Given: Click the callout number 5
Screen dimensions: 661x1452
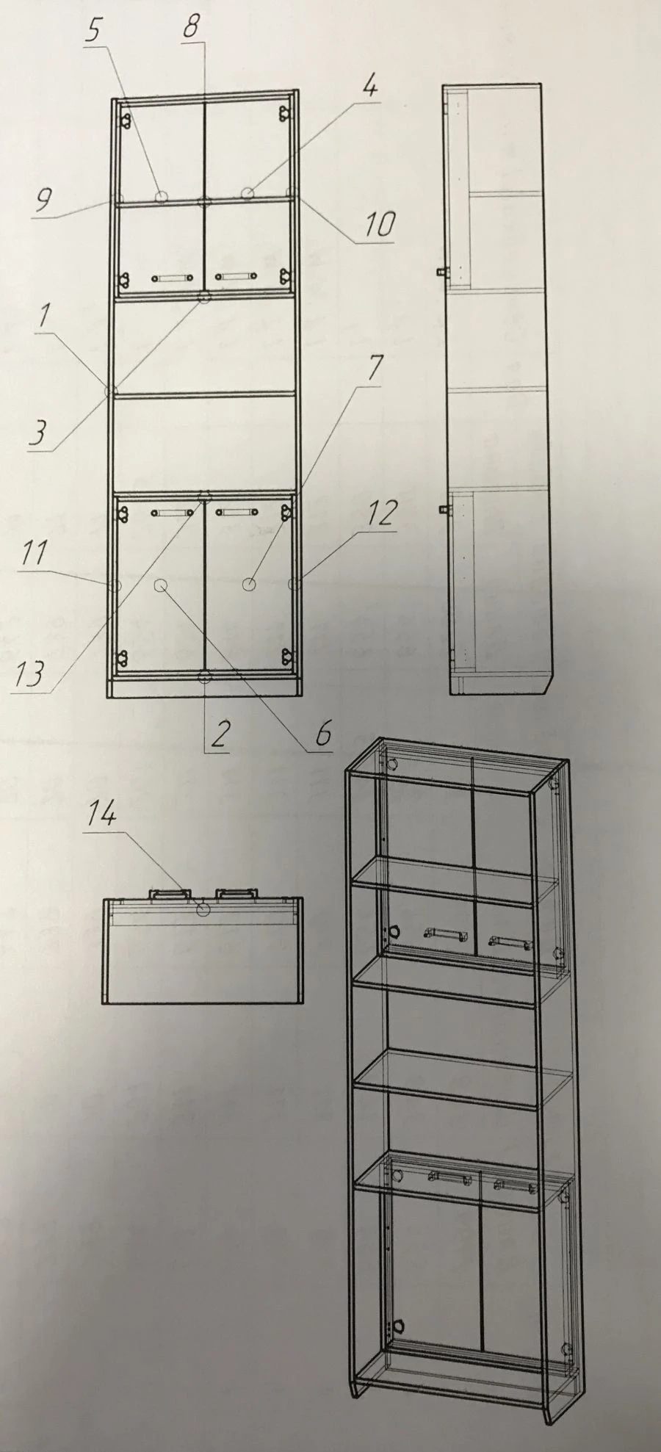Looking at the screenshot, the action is pyautogui.click(x=94, y=30).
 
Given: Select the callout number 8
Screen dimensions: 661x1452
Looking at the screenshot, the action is pyautogui.click(x=191, y=26).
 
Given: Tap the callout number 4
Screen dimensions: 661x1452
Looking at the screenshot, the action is pyautogui.click(x=370, y=87).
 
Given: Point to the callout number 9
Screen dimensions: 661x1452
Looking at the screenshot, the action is pyautogui.click(x=43, y=199).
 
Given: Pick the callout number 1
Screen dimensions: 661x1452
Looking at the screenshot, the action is pyautogui.click(x=46, y=317).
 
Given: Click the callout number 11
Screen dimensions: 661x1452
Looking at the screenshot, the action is pyautogui.click(x=34, y=552).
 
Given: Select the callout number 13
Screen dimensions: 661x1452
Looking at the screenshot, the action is pyautogui.click(x=29, y=673).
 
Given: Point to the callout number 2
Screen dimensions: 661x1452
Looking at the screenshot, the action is pyautogui.click(x=219, y=734).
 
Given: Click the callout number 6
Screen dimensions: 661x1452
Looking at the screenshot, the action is pyautogui.click(x=324, y=732).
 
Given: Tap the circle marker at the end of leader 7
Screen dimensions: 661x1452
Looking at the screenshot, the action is pyautogui.click(x=250, y=585).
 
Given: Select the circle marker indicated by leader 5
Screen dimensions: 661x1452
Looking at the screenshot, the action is pyautogui.click(x=162, y=196).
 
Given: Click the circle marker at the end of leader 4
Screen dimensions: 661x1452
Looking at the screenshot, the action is pyautogui.click(x=248, y=193).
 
